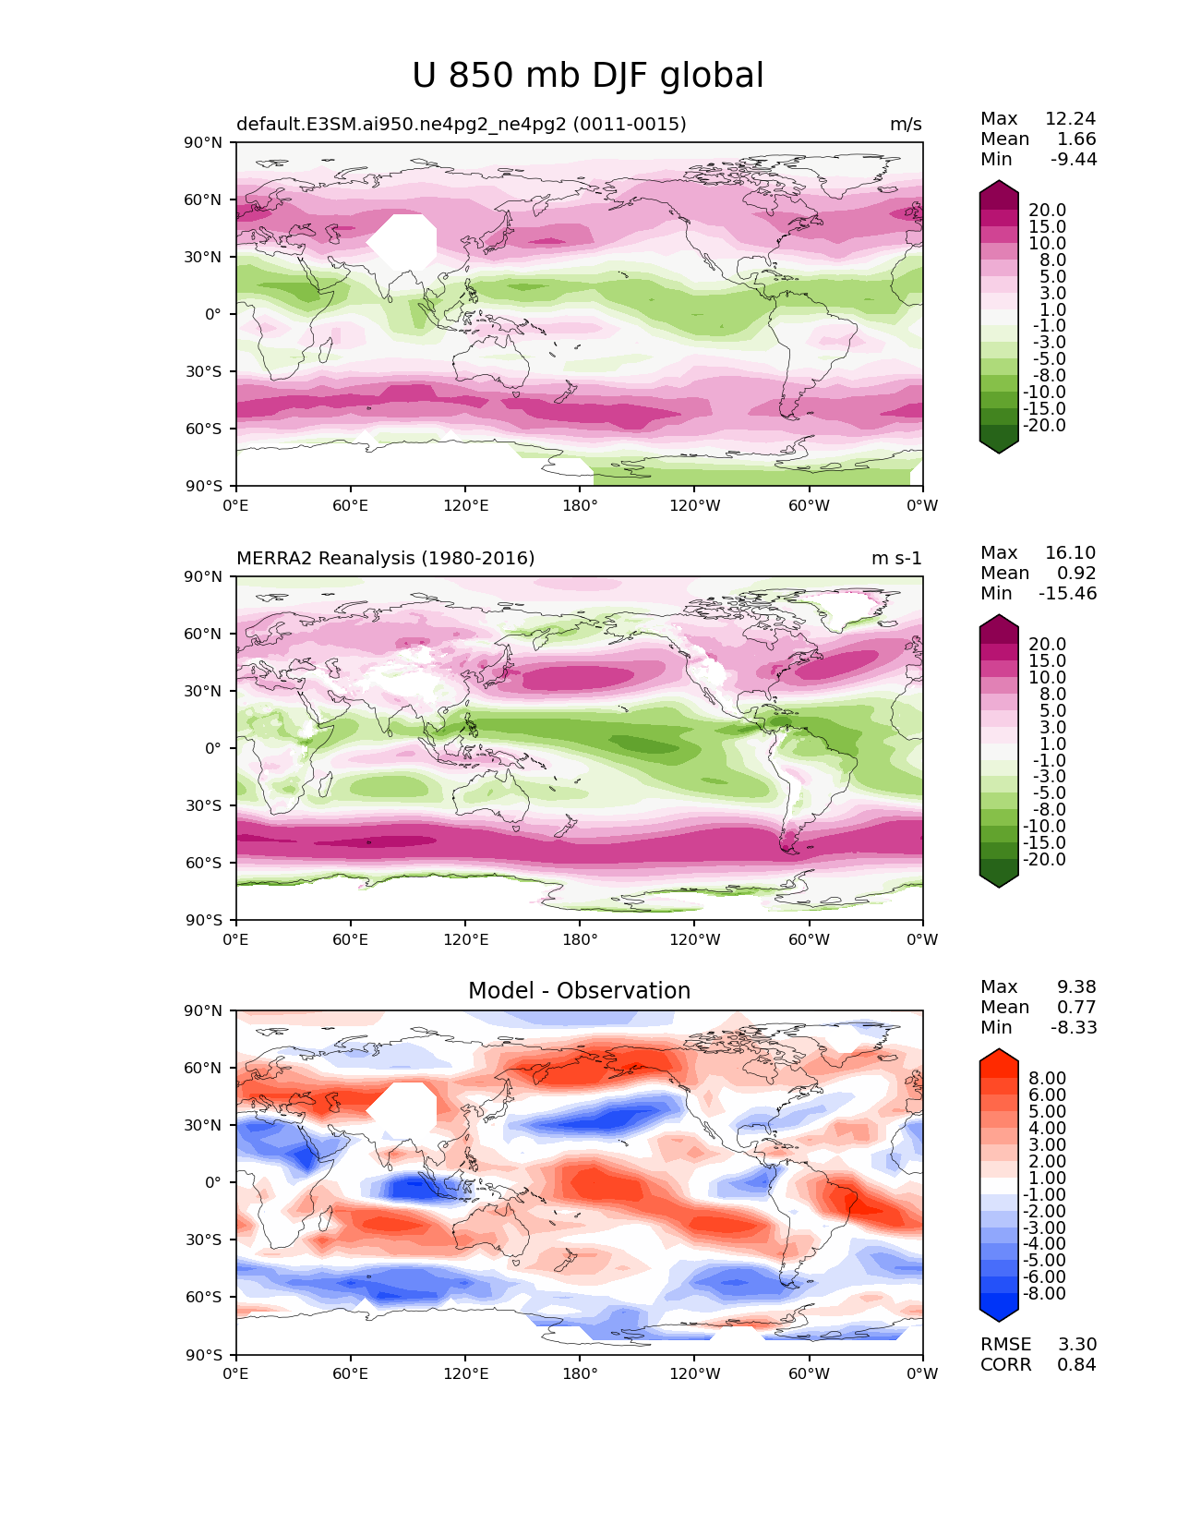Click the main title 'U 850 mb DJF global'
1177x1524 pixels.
(587, 75)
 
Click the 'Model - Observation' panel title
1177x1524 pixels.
(579, 990)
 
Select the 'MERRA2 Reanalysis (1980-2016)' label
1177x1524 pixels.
(386, 558)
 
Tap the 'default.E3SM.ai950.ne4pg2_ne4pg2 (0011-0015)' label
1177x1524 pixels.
(462, 124)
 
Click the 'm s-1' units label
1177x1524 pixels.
(895, 558)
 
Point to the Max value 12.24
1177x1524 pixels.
(1071, 118)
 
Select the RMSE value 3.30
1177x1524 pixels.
(1076, 1344)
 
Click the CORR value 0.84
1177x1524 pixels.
(1076, 1364)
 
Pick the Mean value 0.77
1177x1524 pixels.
(1076, 1007)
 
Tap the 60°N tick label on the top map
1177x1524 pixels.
(202, 200)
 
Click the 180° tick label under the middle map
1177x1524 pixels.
(580, 939)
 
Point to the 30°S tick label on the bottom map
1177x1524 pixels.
(203, 1240)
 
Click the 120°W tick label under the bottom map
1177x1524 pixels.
(695, 1373)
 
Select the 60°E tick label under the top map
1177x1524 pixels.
(351, 505)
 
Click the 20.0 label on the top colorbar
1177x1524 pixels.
(1048, 210)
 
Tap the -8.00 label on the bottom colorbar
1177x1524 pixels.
(1044, 1293)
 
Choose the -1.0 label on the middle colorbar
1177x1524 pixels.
(1050, 760)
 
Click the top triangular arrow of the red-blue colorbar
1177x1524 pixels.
(999, 1057)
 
